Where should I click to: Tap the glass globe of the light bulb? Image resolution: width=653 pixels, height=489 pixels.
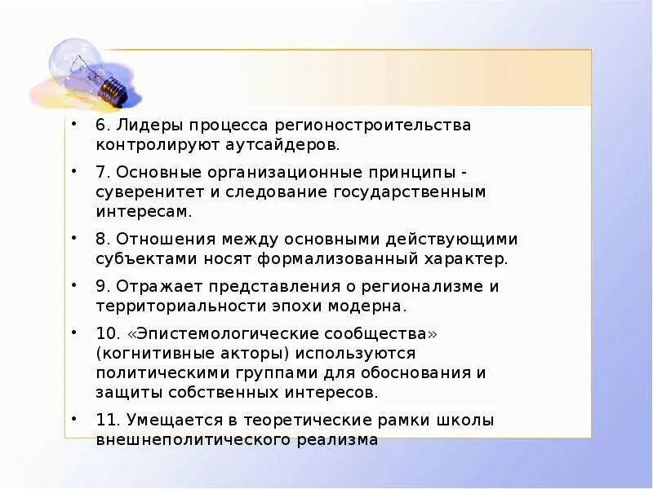pos(74,62)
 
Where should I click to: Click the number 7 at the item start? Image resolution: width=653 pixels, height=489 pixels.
pos(99,174)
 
